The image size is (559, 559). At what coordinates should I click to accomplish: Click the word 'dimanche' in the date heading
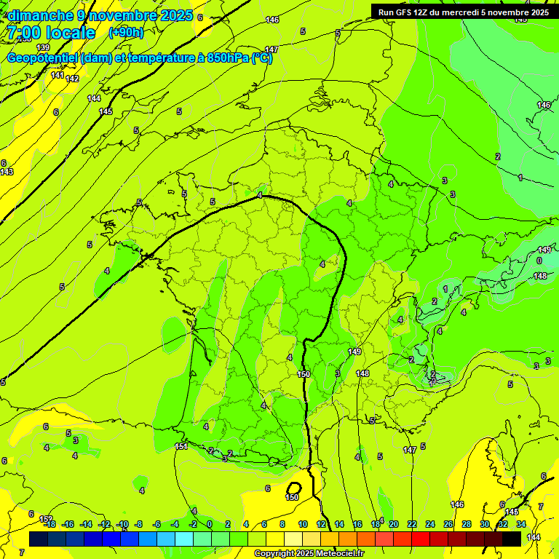click(41, 15)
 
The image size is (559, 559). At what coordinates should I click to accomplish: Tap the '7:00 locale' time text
click(51, 33)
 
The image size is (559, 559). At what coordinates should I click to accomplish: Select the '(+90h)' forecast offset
click(125, 33)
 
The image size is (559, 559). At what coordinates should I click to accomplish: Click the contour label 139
click(43, 68)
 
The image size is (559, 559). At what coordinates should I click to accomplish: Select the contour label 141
click(58, 75)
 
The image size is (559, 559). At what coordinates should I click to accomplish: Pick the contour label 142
click(72, 79)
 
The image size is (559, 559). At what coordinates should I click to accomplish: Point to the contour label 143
click(7, 172)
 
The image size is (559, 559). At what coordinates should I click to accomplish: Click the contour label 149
click(354, 352)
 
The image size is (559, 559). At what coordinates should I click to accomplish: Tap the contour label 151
click(181, 446)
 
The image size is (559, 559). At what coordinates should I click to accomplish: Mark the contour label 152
click(46, 519)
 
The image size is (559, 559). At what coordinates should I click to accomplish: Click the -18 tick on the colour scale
click(49, 524)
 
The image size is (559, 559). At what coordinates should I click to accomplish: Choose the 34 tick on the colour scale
click(521, 524)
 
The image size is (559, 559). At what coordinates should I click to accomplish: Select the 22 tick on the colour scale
click(412, 524)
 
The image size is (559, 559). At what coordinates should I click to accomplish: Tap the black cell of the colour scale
click(512, 539)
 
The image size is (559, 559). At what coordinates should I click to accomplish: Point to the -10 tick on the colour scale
click(122, 524)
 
